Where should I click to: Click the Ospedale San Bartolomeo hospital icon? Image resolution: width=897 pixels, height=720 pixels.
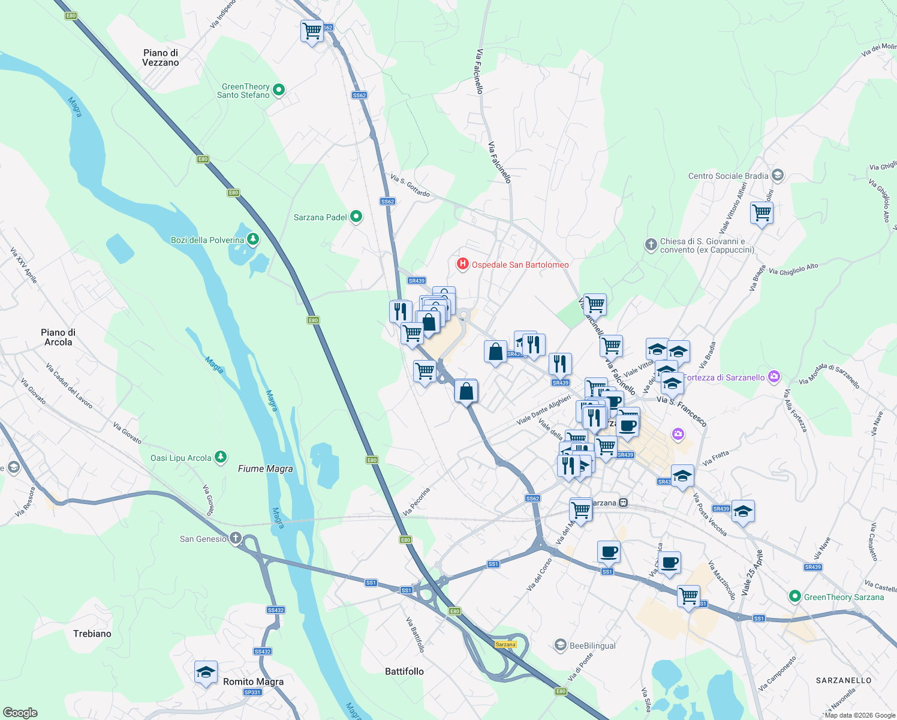462,264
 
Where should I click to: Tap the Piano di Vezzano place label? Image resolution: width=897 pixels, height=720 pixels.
160,58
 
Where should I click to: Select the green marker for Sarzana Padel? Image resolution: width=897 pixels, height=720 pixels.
356,217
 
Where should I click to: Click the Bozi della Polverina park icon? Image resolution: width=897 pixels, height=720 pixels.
253,239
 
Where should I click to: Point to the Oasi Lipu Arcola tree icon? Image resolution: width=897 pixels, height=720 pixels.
221,457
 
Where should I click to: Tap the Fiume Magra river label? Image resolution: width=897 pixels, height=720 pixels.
265,469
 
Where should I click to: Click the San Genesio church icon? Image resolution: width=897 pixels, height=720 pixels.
236,538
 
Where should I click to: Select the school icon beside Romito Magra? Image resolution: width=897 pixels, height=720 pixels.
206,672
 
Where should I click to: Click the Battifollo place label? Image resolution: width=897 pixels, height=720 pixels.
404,671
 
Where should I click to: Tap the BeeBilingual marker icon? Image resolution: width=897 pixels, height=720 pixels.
560,645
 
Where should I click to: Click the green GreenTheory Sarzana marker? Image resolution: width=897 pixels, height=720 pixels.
795,596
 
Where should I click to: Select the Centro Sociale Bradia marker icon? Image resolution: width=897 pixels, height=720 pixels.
778,175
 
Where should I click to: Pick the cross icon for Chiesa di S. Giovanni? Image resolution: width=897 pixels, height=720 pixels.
651,244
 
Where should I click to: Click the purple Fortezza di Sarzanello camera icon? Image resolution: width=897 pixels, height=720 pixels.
774,377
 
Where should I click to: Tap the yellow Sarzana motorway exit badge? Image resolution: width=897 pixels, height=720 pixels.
505,644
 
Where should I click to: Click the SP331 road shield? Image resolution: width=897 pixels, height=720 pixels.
252,692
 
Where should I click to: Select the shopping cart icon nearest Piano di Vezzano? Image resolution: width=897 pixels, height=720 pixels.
312,30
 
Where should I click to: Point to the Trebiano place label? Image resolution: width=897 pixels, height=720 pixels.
92,634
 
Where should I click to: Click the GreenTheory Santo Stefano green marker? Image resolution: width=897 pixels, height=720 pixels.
278,90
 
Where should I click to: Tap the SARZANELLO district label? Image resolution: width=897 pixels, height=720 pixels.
844,680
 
